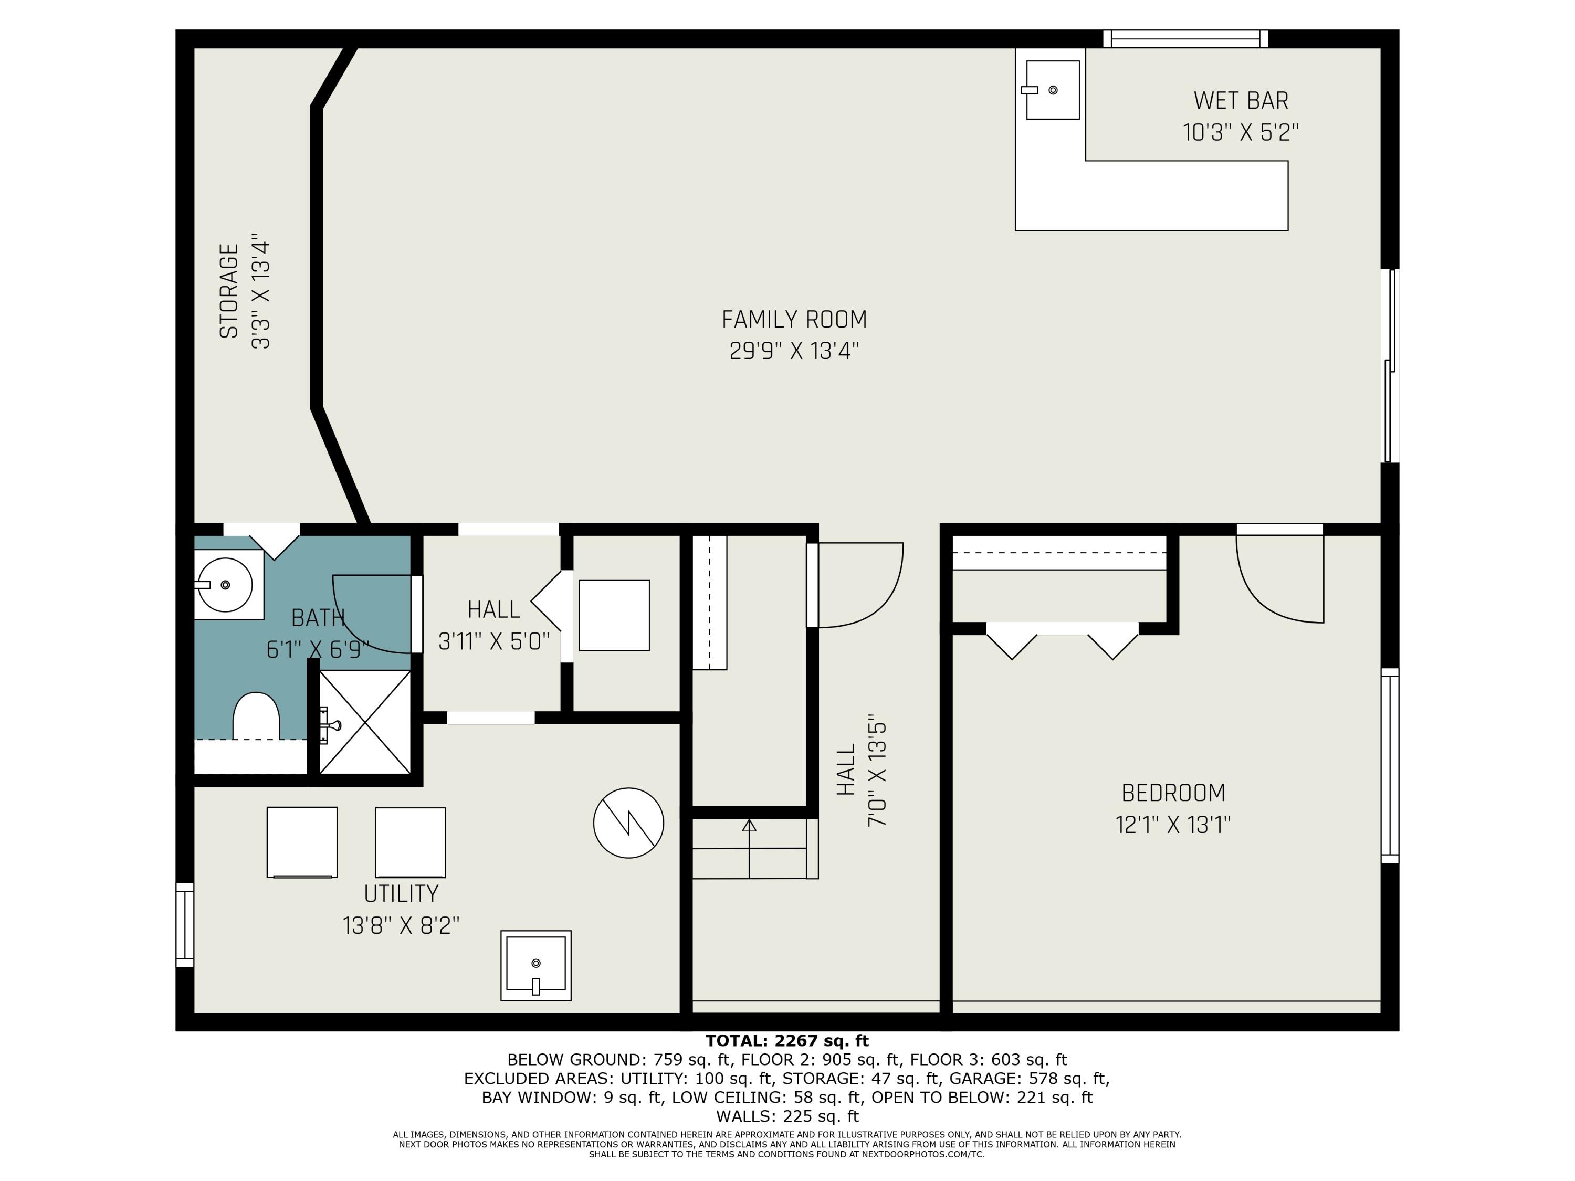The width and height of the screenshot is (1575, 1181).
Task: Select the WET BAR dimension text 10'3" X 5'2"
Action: [1241, 132]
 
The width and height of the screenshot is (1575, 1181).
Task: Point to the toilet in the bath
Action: [256, 715]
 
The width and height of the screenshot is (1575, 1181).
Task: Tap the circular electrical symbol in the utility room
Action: [629, 823]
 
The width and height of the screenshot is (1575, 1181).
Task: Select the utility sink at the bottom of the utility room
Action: [535, 965]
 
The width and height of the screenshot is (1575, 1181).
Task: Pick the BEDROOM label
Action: [1173, 792]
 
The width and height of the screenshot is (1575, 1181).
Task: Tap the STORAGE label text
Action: [228, 291]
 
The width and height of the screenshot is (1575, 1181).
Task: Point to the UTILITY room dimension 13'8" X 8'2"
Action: [401, 925]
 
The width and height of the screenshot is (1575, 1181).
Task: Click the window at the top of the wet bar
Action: [1185, 38]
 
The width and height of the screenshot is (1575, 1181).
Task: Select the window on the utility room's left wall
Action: [184, 925]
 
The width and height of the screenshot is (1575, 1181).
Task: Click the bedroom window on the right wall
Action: [1390, 765]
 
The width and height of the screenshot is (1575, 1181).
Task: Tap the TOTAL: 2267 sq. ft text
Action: [787, 1041]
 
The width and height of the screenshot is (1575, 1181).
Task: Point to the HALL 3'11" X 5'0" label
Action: [494, 626]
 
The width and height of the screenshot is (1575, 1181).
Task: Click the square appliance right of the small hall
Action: [614, 615]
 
